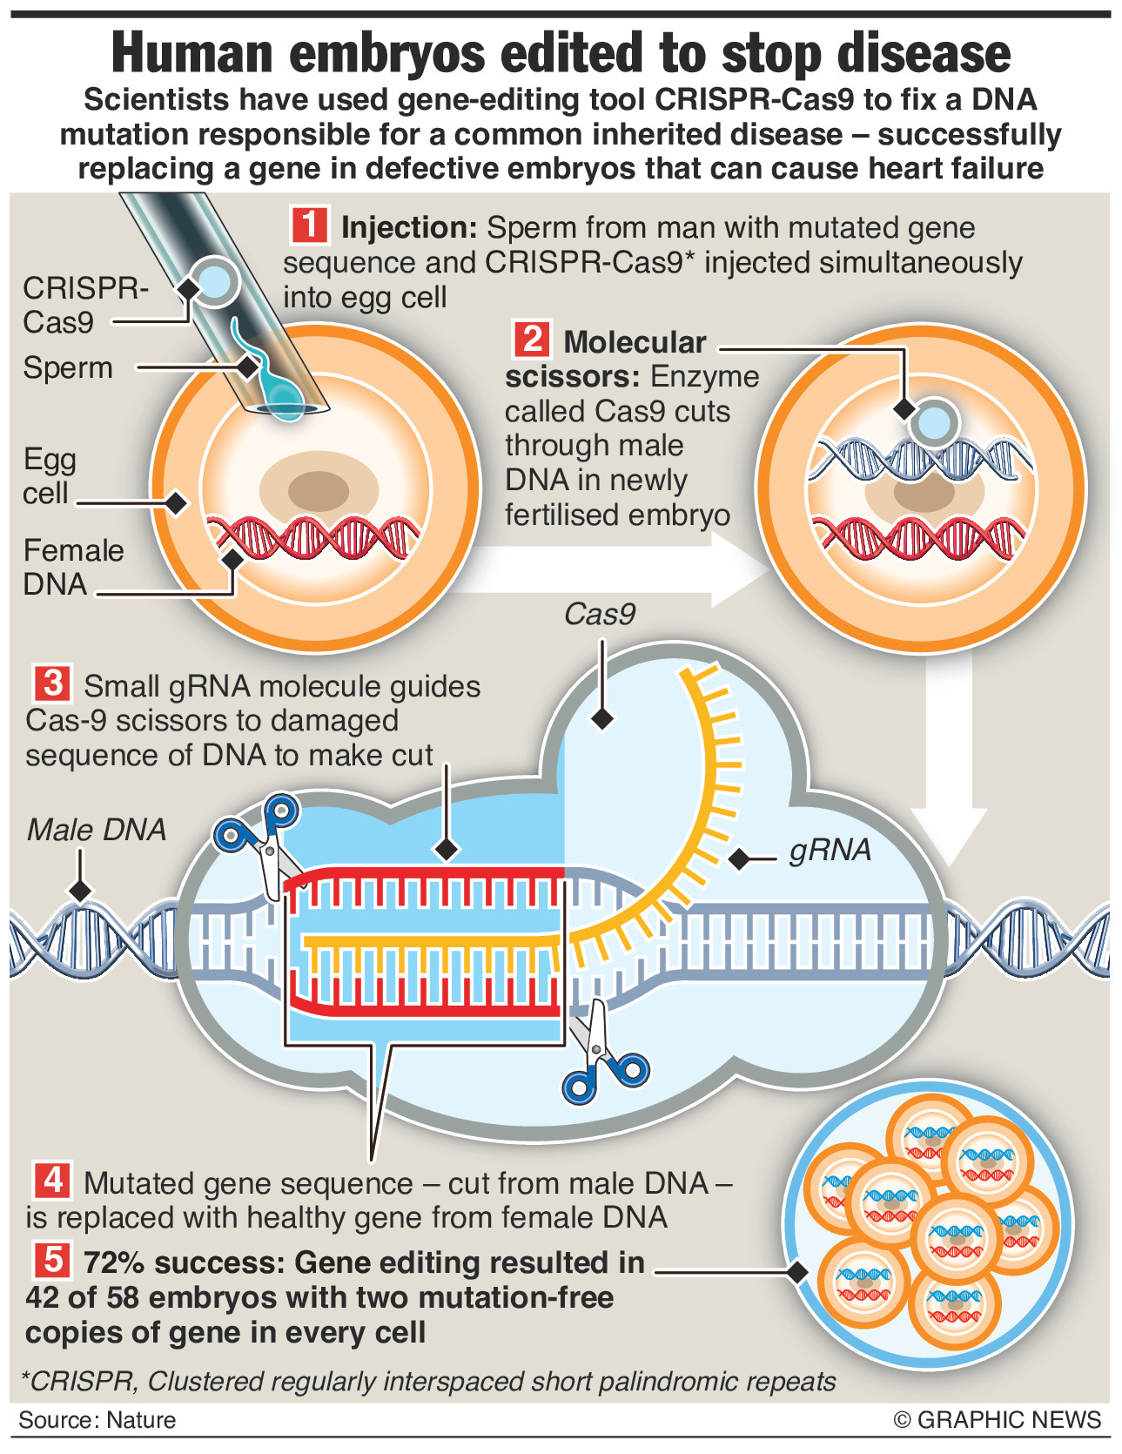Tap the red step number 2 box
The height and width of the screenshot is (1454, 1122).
coord(531,339)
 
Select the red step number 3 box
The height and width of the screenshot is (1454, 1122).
coord(52,683)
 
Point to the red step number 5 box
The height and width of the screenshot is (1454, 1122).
coord(52,1260)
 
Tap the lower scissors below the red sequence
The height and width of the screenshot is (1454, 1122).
coord(601,1053)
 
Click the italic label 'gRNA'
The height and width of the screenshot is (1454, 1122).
coord(830,850)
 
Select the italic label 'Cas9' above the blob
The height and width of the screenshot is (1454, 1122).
coord(599,615)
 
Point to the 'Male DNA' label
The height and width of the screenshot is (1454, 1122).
coord(96,830)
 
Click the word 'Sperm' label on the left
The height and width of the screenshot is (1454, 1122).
coord(68,367)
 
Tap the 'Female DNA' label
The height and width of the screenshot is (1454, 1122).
coord(73,567)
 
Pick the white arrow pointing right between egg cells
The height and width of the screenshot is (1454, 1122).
coord(609,570)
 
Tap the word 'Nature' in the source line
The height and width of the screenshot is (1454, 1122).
coord(141,1420)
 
